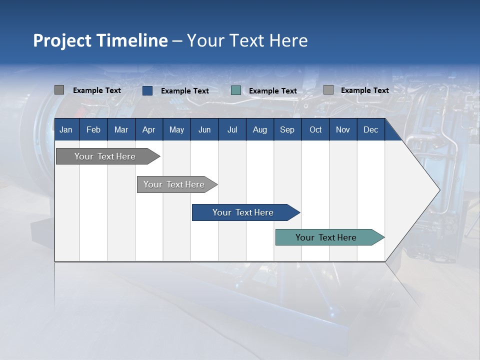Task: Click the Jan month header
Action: pyautogui.click(x=66, y=129)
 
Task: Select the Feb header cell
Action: pyautogui.click(x=93, y=129)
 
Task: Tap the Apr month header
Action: pyautogui.click(x=148, y=129)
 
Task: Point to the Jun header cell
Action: pyautogui.click(x=204, y=129)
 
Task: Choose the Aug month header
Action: pyautogui.click(x=259, y=129)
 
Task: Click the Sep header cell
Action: pyautogui.click(x=287, y=129)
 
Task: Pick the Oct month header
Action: pyautogui.click(x=315, y=129)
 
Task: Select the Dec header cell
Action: pyautogui.click(x=370, y=129)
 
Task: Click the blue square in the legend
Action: pyautogui.click(x=147, y=90)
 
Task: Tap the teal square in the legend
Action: pyautogui.click(x=236, y=90)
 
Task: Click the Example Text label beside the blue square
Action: pyautogui.click(x=185, y=91)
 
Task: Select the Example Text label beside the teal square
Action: pyautogui.click(x=273, y=91)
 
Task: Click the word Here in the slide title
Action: pyautogui.click(x=288, y=40)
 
